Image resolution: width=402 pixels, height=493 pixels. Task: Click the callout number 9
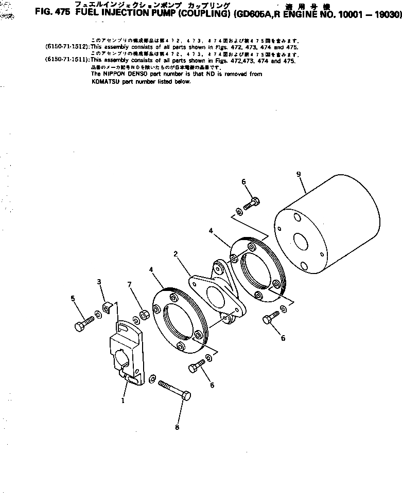[x=299, y=175]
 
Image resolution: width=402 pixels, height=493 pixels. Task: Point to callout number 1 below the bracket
[x=123, y=401]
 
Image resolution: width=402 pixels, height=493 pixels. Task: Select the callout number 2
[x=176, y=254]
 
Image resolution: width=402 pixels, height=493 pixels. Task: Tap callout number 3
[x=99, y=281]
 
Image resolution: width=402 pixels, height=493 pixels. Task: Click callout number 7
[x=130, y=284]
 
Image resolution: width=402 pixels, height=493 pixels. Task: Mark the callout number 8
[x=177, y=427]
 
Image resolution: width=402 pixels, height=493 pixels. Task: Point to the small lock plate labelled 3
[x=107, y=308]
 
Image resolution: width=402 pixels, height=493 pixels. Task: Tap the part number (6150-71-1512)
[x=67, y=47]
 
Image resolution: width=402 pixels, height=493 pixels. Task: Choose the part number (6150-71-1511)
[x=67, y=61]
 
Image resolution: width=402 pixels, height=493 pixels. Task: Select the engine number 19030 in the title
[x=388, y=15]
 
